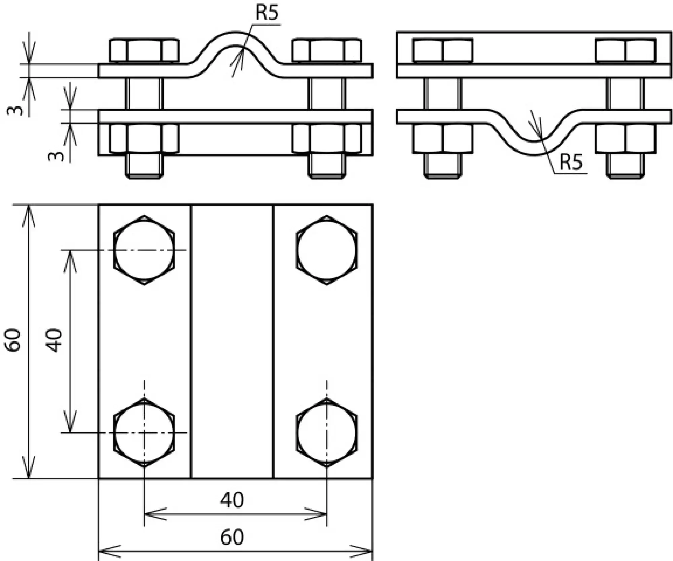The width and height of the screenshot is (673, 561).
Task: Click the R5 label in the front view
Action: (267, 13)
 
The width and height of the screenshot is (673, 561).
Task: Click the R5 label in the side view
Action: (571, 162)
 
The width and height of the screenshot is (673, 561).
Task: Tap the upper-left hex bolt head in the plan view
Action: (144, 250)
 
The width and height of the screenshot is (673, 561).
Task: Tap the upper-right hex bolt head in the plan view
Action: (327, 250)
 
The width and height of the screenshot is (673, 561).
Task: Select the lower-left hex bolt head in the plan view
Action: (144, 432)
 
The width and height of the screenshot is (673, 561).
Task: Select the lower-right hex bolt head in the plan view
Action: (327, 432)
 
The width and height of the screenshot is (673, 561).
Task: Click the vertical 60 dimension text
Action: (14, 341)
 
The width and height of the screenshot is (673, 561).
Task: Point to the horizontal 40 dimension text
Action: (232, 500)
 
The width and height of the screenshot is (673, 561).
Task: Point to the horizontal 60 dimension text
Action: (232, 537)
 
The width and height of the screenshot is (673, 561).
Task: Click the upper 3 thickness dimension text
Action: (15, 110)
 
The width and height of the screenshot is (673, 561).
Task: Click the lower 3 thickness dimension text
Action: (56, 156)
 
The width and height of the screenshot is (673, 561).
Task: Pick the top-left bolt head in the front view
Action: (144, 51)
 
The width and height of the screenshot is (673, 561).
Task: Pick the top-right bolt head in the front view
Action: (327, 51)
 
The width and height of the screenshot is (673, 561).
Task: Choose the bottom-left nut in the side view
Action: (442, 138)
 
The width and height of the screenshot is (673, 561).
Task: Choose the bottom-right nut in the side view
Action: (625, 138)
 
